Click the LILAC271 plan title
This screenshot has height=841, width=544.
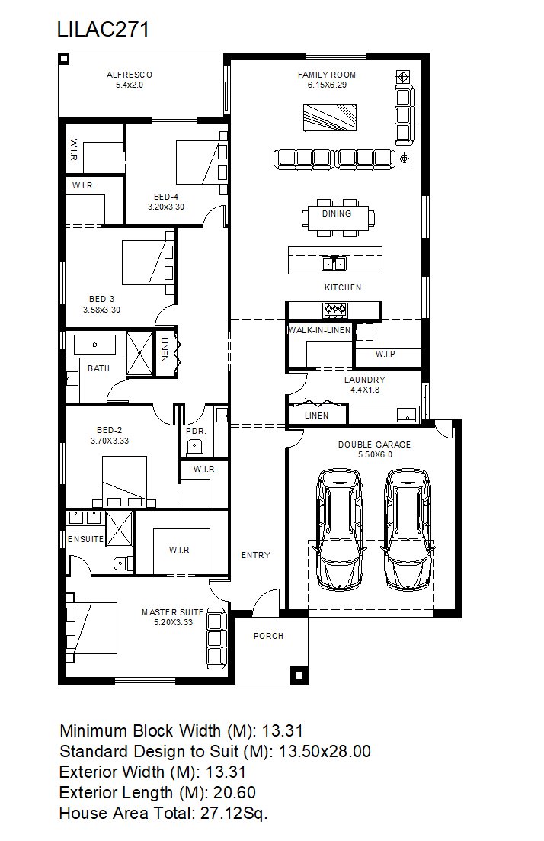(x=103, y=29)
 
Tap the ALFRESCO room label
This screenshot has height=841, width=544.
(x=130, y=75)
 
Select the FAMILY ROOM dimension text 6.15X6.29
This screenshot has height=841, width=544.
(x=327, y=85)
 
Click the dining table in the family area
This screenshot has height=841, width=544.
(x=337, y=218)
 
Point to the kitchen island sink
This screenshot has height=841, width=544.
(x=334, y=263)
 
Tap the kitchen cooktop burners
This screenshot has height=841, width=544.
(x=335, y=310)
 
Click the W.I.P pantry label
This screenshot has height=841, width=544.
(x=386, y=354)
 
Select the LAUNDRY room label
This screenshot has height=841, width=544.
(x=364, y=379)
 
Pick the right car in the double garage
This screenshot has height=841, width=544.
(x=408, y=530)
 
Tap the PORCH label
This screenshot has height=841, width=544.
(x=268, y=636)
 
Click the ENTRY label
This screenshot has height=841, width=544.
(x=256, y=555)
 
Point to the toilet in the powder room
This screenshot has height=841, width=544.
(x=194, y=446)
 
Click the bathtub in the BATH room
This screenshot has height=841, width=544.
(x=95, y=345)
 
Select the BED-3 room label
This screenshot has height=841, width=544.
(x=102, y=299)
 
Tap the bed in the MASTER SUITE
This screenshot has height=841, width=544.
(x=91, y=628)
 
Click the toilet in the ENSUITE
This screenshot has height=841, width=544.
(x=123, y=563)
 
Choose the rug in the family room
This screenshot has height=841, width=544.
(x=330, y=117)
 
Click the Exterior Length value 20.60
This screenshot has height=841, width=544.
(x=235, y=793)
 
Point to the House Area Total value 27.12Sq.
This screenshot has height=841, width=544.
(x=234, y=813)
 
